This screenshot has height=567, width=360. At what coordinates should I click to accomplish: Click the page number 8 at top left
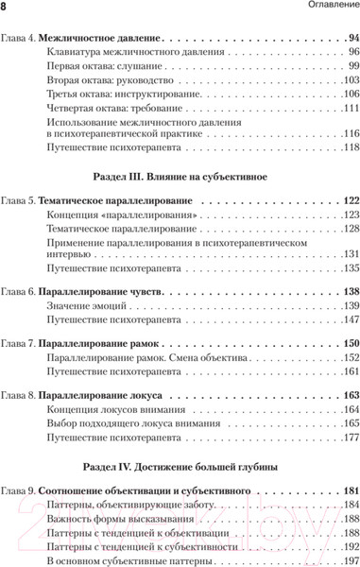pos(5,9)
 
